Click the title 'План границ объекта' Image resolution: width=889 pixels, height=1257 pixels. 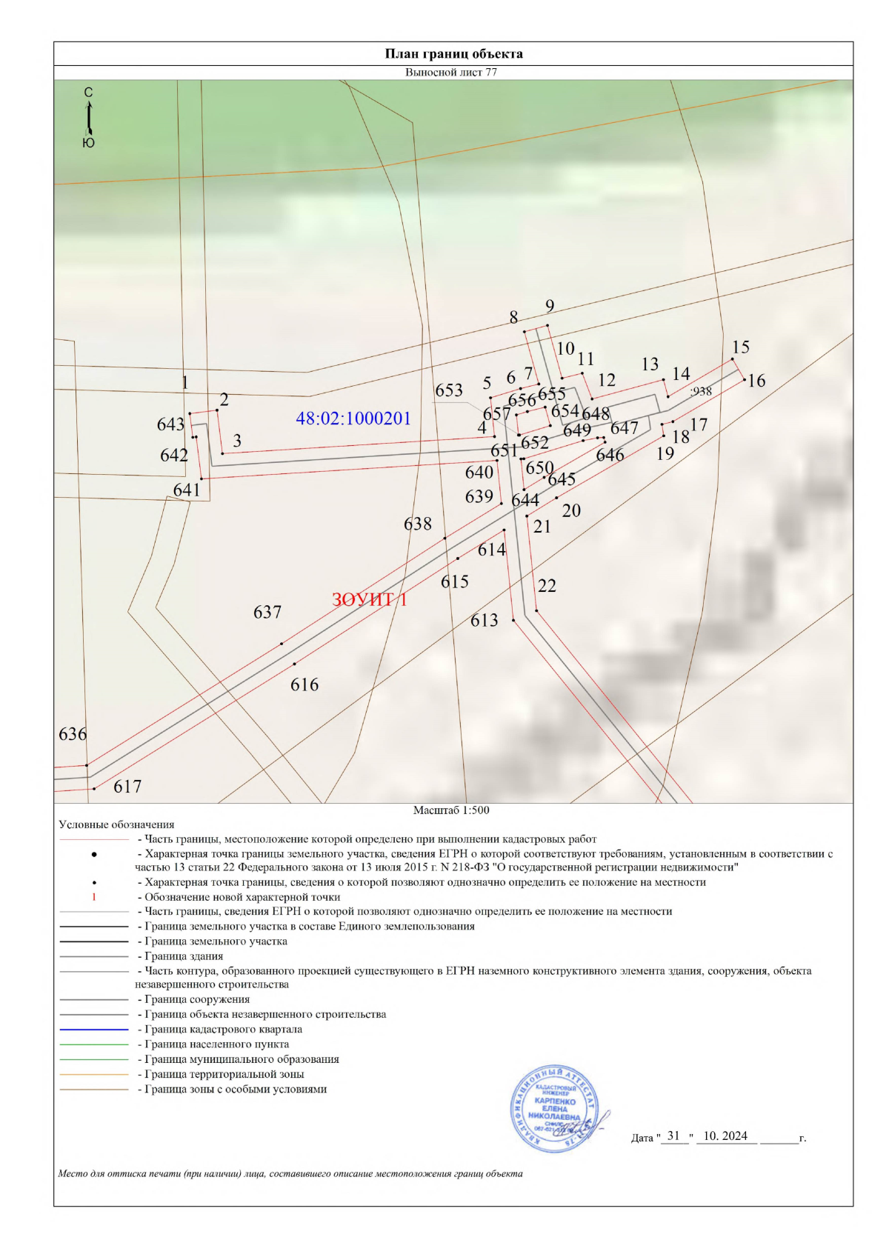click(x=453, y=54)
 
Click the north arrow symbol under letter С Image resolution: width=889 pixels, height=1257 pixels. click(x=89, y=117)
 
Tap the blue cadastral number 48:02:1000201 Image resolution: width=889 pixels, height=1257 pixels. click(x=353, y=419)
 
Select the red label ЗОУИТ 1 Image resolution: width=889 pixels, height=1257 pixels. click(x=369, y=599)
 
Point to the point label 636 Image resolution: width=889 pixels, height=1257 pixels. click(x=73, y=734)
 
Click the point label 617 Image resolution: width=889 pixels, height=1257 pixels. click(x=127, y=787)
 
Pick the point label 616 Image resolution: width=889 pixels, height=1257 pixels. click(x=304, y=685)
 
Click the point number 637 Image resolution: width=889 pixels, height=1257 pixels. click(x=267, y=613)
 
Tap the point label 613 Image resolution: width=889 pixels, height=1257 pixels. click(x=485, y=621)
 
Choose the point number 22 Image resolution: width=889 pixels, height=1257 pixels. click(x=547, y=586)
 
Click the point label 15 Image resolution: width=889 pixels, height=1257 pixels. click(x=741, y=347)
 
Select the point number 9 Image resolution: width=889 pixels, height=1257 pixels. click(x=550, y=306)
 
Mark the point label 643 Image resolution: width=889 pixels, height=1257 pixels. click(x=170, y=424)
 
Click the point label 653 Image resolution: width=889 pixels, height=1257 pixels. click(x=449, y=390)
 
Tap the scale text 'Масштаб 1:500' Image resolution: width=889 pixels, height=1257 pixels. click(x=451, y=810)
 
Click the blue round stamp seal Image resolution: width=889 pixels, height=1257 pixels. click(x=555, y=1109)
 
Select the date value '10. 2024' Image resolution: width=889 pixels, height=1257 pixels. click(x=725, y=1136)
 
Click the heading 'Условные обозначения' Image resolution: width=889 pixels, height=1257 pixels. click(x=116, y=824)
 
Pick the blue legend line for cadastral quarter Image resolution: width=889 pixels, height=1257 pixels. click(x=94, y=1030)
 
